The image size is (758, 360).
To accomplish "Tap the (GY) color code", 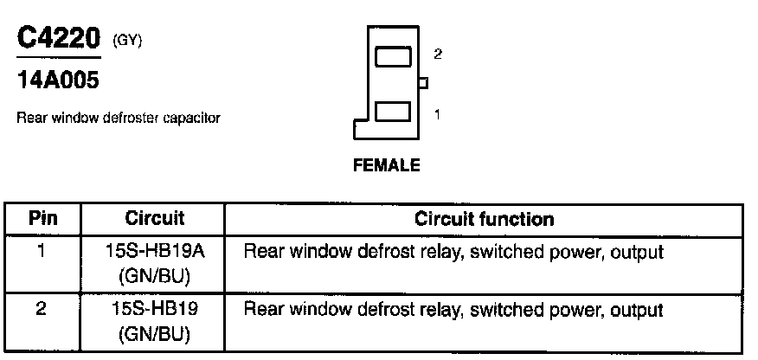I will (127, 41).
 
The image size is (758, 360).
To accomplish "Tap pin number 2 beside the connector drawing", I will (438, 54).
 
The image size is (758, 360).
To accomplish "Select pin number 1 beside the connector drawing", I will (437, 112).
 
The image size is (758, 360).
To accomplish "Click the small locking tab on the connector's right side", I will (423, 83).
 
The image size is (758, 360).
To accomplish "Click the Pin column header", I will (43, 218).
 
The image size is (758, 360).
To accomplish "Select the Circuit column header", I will (155, 218).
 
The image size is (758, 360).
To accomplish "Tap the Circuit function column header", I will (485, 218).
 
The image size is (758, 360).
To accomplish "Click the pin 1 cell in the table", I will (43, 253).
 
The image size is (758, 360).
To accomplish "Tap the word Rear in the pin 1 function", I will (261, 253).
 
